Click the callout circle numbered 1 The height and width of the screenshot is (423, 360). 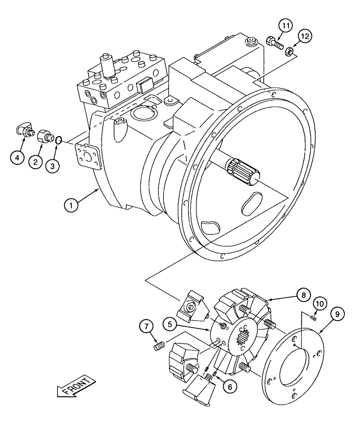coord(72,206)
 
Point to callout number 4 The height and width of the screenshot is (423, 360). coord(17,158)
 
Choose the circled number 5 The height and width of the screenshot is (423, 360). coord(170,325)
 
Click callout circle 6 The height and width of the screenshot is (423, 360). coord(231,385)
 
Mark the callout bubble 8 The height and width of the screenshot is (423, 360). coord(304,295)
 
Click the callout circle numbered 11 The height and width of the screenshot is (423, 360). coord(286,26)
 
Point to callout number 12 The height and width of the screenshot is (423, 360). coord(305,36)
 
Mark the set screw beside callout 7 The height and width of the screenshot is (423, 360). coord(158,347)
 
